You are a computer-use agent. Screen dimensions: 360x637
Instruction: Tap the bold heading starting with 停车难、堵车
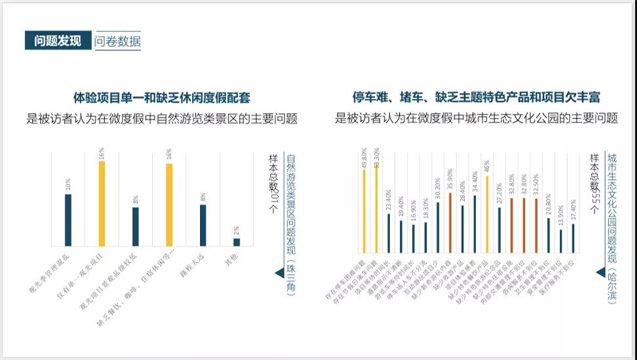pos(477,98)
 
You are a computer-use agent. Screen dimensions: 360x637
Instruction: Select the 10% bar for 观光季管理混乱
pos(68,220)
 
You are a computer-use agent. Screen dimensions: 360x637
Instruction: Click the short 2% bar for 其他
pos(236,241)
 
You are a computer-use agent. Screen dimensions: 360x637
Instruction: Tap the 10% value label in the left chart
pos(68,186)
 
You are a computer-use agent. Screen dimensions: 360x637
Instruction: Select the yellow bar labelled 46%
pos(487,210)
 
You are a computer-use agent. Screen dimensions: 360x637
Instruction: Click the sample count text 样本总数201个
pos(272,182)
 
